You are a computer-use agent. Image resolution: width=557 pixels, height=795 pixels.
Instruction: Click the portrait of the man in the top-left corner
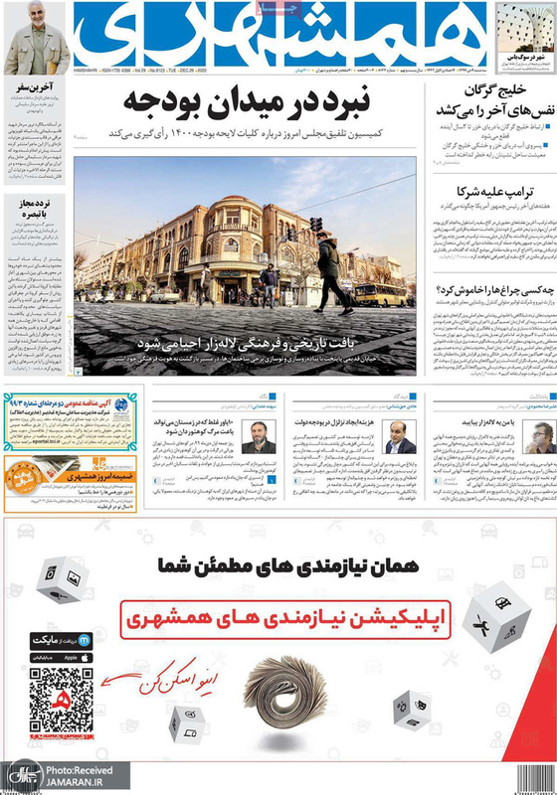(x=36, y=45)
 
